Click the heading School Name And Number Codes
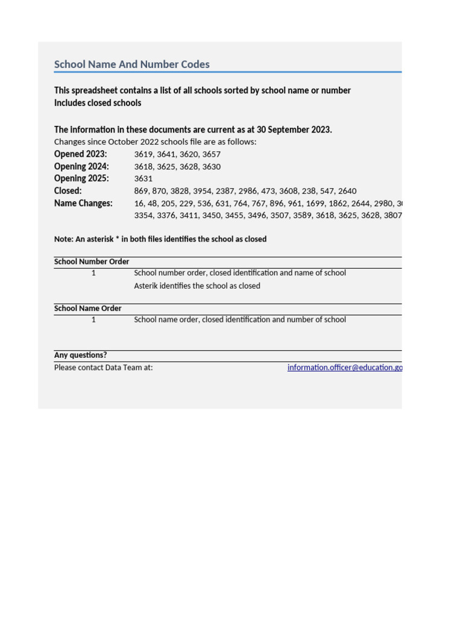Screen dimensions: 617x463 coord(131,64)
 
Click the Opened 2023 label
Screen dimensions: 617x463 coord(80,154)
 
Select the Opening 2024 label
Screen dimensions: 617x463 coord(81,166)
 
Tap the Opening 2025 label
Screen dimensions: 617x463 coord(81,178)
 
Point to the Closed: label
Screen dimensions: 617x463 coord(68,191)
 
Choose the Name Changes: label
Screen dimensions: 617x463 coord(83,203)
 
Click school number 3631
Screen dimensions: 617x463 coord(143,179)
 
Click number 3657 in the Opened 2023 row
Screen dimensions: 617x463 coord(212,154)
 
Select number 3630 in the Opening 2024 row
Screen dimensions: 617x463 coord(212,167)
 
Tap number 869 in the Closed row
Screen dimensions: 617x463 coord(141,191)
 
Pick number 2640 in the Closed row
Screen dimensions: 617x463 coord(346,191)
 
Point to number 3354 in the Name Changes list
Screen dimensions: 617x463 coord(143,216)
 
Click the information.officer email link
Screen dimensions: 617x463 coord(344,368)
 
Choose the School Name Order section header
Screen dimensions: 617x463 coord(88,308)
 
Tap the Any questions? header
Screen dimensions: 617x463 coord(81,355)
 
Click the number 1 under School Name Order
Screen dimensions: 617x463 coord(93,320)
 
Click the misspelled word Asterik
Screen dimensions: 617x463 coord(148,286)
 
